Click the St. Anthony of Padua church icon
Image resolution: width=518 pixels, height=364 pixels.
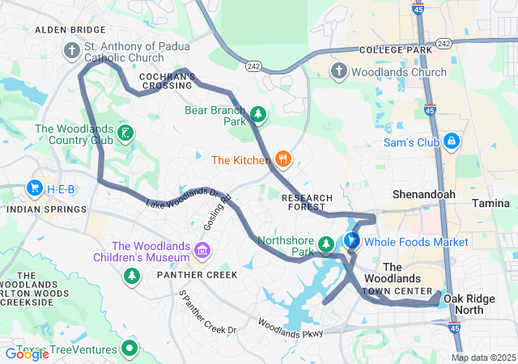tap(72, 51)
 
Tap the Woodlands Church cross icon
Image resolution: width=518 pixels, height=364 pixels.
tap(339, 72)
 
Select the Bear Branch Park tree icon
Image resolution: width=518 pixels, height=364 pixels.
tap(257, 114)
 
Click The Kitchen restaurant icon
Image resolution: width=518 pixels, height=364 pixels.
tap(282, 159)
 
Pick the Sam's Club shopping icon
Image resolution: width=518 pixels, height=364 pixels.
tap(452, 142)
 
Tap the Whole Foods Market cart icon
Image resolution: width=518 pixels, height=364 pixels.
tap(352, 241)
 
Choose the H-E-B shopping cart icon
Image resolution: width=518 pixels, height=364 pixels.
tap(34, 188)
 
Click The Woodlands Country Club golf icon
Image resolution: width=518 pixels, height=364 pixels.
tap(125, 133)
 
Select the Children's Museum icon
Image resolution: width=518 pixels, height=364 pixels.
tap(202, 249)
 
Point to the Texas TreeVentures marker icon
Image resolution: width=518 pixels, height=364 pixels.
tap(129, 349)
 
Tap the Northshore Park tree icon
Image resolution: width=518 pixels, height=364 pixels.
tap(325, 243)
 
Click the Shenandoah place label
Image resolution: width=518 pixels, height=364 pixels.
tap(423, 195)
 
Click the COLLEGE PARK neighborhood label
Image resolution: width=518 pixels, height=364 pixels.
tap(397, 49)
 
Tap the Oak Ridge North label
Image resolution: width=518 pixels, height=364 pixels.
tap(469, 304)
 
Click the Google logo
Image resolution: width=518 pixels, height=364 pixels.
tap(27, 353)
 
